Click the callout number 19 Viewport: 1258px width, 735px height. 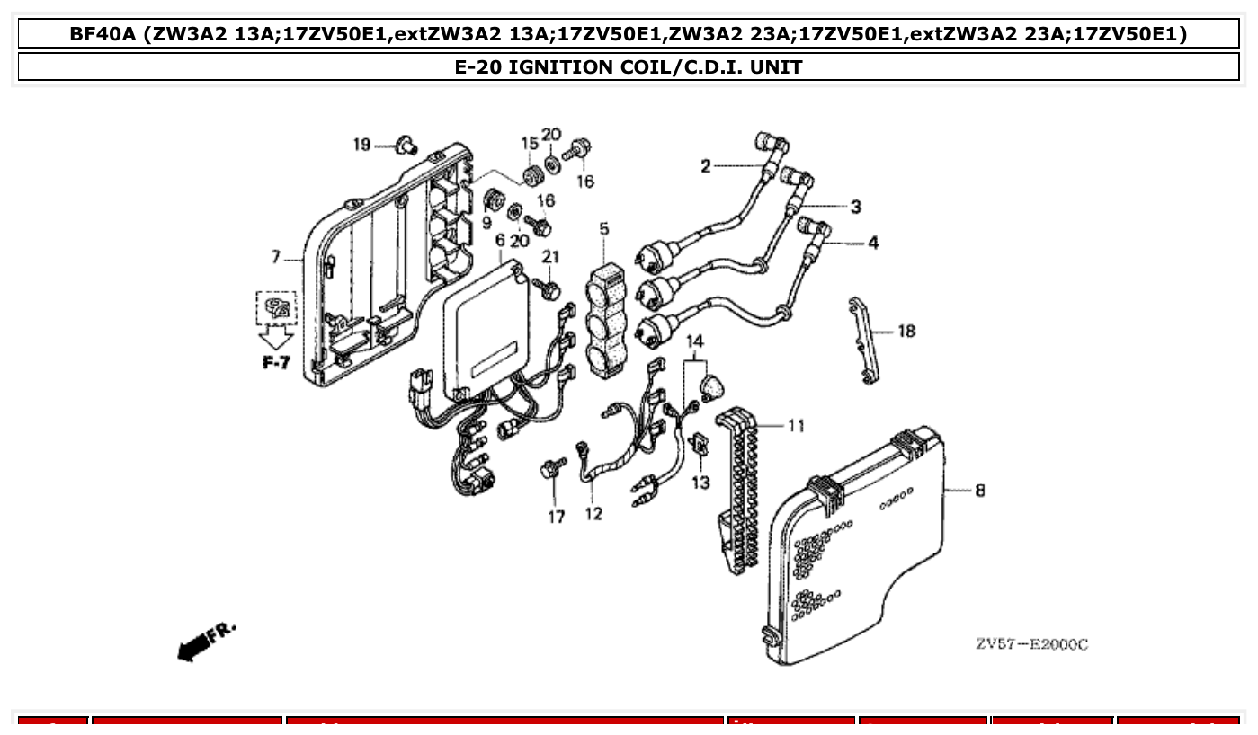point(361,145)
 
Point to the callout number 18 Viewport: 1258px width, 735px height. point(906,332)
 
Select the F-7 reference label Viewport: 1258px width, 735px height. point(276,364)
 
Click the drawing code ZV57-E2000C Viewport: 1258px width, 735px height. point(1031,644)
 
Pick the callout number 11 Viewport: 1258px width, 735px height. point(796,425)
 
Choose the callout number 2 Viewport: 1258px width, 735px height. point(706,165)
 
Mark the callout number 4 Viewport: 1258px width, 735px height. point(873,243)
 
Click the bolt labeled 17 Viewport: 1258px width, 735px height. point(551,470)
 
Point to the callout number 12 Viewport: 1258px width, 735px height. point(593,515)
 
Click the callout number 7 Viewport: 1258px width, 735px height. point(277,258)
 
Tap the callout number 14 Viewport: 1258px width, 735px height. point(694,341)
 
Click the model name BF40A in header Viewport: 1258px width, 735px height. point(103,35)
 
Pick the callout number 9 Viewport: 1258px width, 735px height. point(486,221)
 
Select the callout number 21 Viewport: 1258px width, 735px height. point(550,257)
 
